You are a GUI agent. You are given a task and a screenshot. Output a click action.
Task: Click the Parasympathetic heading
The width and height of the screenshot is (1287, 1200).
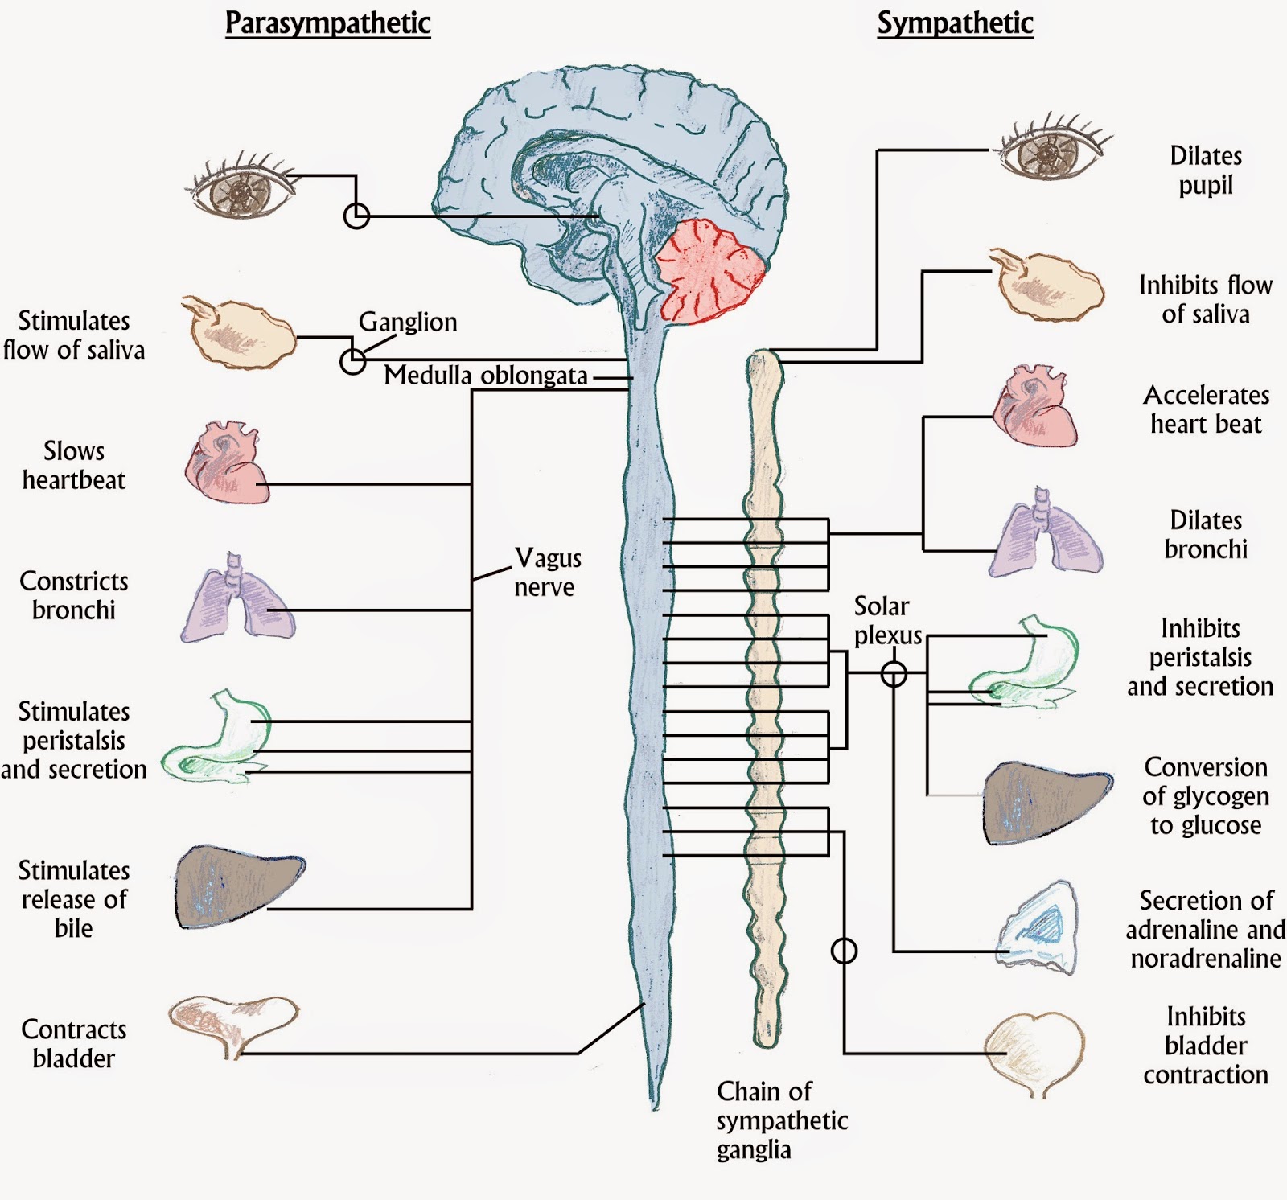tap(327, 23)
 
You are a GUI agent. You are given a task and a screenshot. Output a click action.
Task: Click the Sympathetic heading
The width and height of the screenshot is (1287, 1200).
tap(955, 23)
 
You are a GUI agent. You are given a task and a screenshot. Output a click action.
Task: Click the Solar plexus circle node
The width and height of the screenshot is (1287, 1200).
tap(894, 674)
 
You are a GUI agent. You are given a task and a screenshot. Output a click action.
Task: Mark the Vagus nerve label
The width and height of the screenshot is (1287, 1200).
tap(546, 572)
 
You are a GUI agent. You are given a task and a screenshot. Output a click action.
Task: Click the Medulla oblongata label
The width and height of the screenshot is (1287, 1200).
tap(486, 376)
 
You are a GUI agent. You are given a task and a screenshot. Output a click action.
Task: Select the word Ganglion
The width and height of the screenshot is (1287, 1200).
tap(408, 322)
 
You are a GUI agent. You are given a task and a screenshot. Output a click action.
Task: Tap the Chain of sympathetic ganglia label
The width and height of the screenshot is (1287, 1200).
tap(781, 1120)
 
